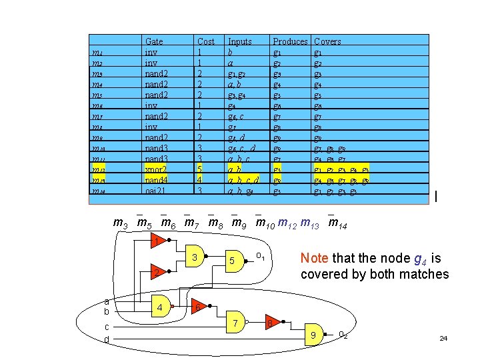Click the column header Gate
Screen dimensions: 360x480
[x=154, y=41]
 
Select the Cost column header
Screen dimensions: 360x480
[x=206, y=41]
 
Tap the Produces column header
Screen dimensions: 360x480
[x=290, y=41]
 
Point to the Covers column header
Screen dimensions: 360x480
[x=327, y=41]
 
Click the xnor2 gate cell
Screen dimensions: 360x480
[x=156, y=169]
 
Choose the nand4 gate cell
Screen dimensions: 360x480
[x=157, y=180]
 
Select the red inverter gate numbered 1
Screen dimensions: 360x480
[x=154, y=241]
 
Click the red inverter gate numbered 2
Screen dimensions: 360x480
[x=154, y=273]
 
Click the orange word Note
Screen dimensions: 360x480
[x=314, y=258]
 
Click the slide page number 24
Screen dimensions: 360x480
[x=443, y=339]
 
